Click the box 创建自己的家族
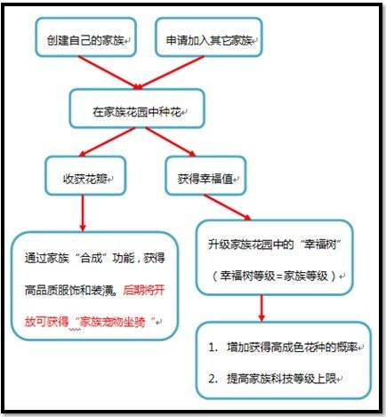tap(86, 37)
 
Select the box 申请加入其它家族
tap(209, 37)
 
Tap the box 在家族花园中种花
tap(137, 108)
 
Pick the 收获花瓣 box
tap(85, 176)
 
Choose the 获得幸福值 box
tap(205, 176)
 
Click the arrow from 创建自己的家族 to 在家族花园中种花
tap(109, 73)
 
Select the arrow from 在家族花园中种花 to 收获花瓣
tap(108, 142)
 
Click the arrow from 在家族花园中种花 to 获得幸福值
tap(171, 142)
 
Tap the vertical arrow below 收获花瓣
tap(83, 213)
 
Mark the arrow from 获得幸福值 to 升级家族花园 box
tap(228, 207)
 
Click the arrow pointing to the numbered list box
tap(261, 308)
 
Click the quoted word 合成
tap(92, 258)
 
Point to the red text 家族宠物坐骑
tap(113, 322)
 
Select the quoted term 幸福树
tap(320, 245)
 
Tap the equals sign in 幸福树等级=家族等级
tap(279, 277)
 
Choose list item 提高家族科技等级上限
tap(282, 379)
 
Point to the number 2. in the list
tap(213, 379)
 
